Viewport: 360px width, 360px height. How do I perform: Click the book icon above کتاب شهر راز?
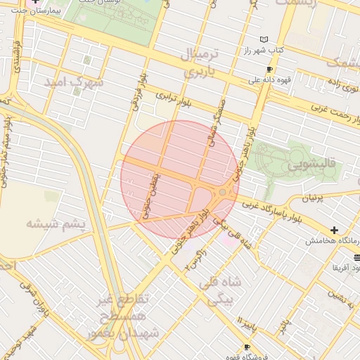click(264, 39)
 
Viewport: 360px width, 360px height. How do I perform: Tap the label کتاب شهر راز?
click(269, 51)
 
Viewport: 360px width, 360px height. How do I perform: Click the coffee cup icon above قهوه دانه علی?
click(269, 70)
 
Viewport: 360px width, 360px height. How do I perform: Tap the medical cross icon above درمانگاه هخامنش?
click(334, 230)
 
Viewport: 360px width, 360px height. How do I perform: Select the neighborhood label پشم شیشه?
click(56, 224)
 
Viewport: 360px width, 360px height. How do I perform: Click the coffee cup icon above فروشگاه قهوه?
click(247, 347)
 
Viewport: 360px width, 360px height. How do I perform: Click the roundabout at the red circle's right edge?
click(223, 192)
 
